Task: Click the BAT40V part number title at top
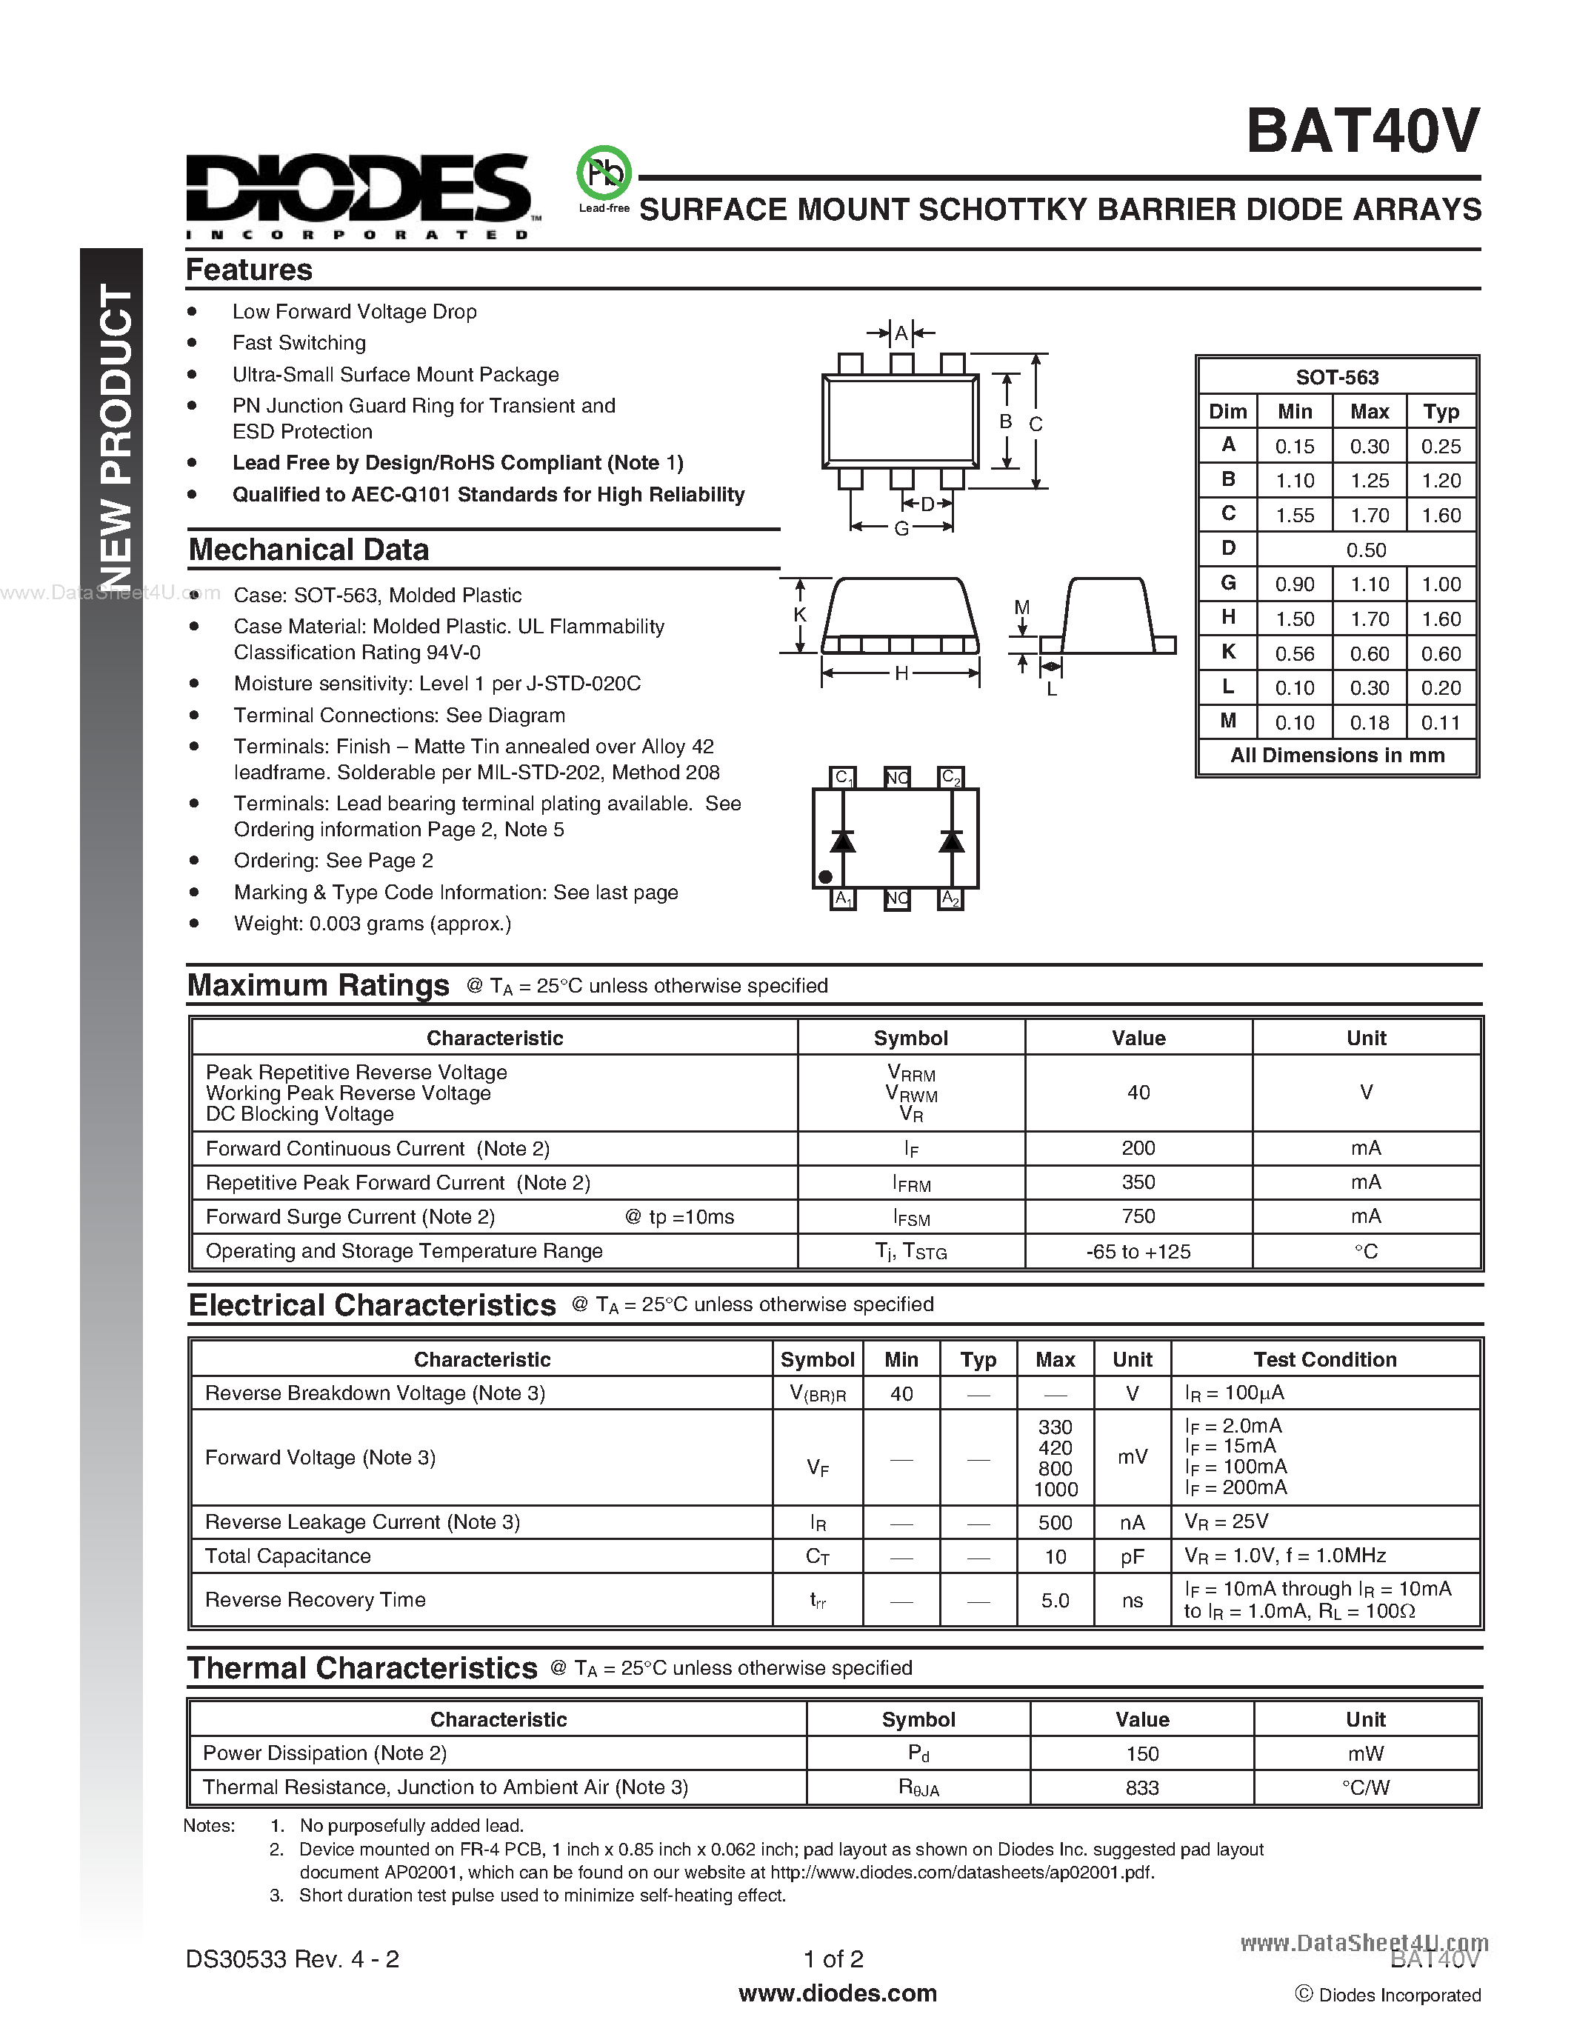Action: click(1362, 132)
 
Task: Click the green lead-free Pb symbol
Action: click(604, 173)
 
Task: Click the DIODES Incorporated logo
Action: click(358, 196)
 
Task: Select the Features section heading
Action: click(249, 270)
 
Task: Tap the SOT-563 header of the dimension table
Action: click(1336, 378)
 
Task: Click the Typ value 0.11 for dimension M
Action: click(1440, 723)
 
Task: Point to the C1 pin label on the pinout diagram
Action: click(843, 777)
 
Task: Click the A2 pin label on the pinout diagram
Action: click(950, 899)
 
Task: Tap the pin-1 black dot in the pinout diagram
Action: click(825, 877)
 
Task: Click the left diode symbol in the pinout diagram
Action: click(843, 841)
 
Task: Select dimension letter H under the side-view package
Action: click(901, 673)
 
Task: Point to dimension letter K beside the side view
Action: click(799, 616)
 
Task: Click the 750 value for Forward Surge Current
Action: click(1138, 1216)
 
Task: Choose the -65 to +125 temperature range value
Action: click(1138, 1252)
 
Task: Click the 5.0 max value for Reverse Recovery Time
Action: click(1055, 1601)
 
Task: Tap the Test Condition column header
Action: click(1324, 1360)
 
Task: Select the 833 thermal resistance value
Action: click(1141, 1788)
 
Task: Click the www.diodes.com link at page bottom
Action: click(837, 1993)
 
